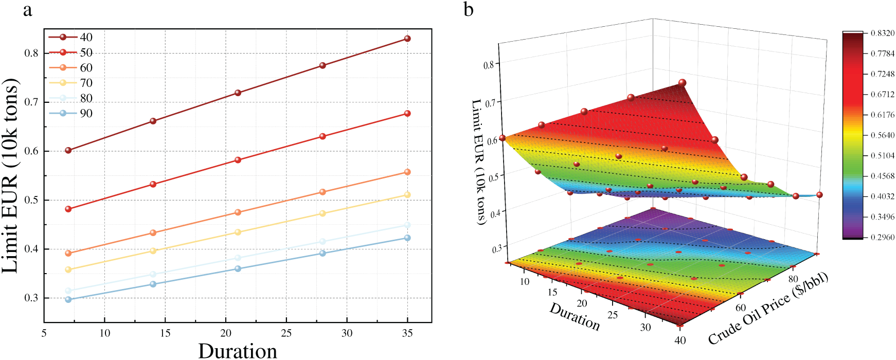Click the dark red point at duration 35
407,39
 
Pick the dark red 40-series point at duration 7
68,150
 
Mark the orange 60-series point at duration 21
238,212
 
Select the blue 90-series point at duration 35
407,238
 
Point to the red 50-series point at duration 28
322,136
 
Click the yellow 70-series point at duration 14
153,250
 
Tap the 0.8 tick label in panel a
31,53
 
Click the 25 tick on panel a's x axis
286,333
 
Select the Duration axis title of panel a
238,351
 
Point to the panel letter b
468,9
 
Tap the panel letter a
27,9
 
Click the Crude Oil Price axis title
768,309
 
